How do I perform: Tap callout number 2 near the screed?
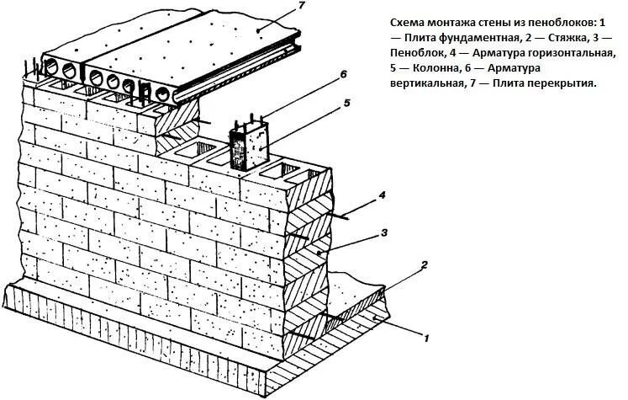(x=425, y=266)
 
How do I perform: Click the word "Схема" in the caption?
(x=409, y=23)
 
